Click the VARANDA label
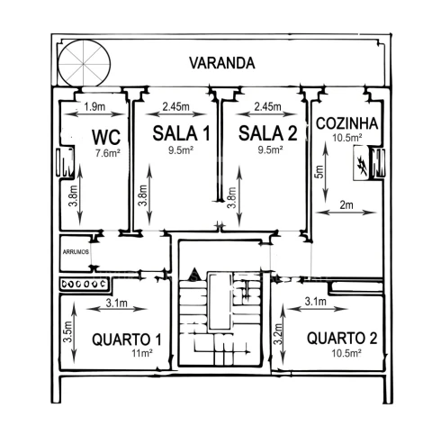coord(222,63)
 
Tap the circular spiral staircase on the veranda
coord(85,63)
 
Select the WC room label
coord(106,137)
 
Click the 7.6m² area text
coord(108,153)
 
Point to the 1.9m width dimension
coord(94,106)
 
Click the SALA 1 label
coord(182,133)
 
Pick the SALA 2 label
coord(267,133)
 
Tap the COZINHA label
coord(346,123)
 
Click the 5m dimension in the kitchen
coord(319,172)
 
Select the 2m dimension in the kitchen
coord(346,205)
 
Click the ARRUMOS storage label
coord(76,252)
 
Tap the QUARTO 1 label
coord(127,340)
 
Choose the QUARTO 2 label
coord(342,338)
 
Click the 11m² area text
coord(142,353)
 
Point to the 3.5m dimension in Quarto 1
coord(68,332)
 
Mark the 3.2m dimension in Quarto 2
coord(279,334)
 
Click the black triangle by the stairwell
coord(195,274)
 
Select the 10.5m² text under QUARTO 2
coord(346,353)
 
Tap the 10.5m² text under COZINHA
coord(346,138)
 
